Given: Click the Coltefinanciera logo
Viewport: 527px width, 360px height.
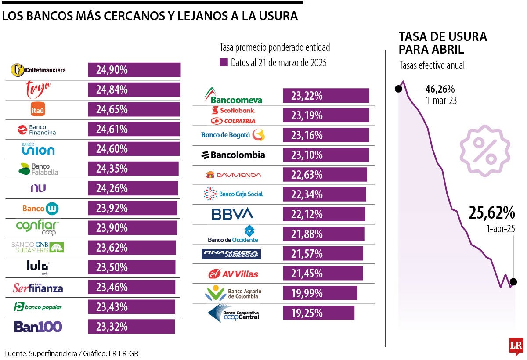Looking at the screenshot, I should pyautogui.click(x=38, y=70).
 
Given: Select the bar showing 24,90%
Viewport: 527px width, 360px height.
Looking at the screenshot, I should pyautogui.click(x=134, y=70).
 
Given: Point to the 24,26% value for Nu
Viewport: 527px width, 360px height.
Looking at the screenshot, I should pyautogui.click(x=112, y=188).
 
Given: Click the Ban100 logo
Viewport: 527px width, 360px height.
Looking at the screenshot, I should pyautogui.click(x=38, y=327).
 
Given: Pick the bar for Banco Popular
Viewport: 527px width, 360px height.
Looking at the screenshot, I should pyautogui.click(x=131, y=307).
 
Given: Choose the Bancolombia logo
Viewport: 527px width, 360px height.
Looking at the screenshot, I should pyautogui.click(x=233, y=155).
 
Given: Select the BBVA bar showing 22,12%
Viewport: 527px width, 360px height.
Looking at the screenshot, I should pyautogui.click(x=324, y=214).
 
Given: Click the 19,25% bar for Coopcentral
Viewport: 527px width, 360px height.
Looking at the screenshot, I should pyautogui.click(x=318, y=313).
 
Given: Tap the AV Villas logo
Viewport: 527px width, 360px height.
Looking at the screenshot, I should pyautogui.click(x=233, y=274).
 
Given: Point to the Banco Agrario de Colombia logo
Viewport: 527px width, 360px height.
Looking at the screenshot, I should pyautogui.click(x=233, y=293).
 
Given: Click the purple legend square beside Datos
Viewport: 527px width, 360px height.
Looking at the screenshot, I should pyautogui.click(x=224, y=62).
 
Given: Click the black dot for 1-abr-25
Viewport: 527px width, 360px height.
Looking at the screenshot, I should pyautogui.click(x=513, y=282).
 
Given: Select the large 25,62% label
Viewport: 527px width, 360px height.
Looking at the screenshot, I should pyautogui.click(x=491, y=213).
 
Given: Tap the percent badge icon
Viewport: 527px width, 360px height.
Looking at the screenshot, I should pyautogui.click(x=485, y=151).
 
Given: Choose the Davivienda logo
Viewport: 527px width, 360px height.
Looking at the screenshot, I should pyautogui.click(x=233, y=175).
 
